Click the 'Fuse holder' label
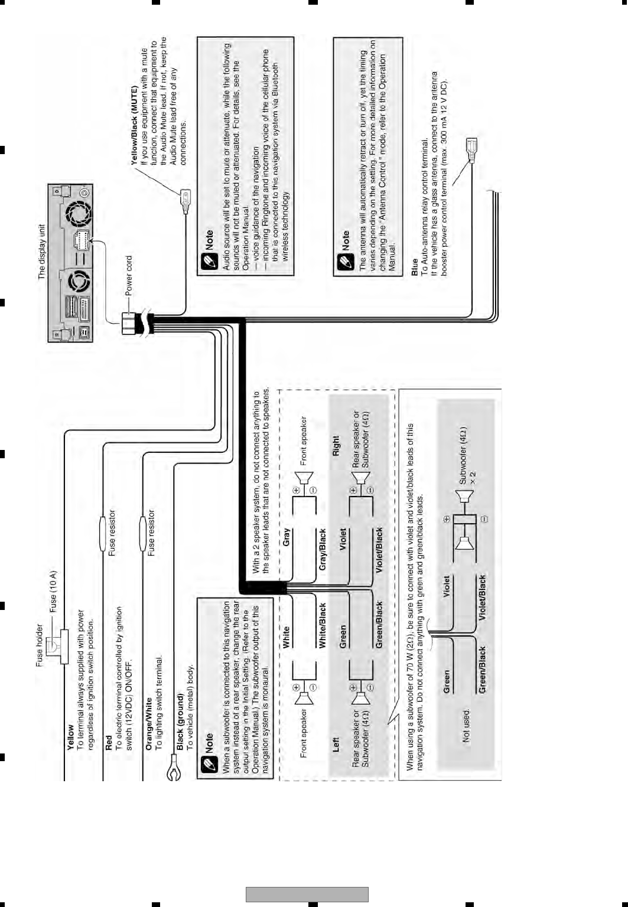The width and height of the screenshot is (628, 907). click(40, 645)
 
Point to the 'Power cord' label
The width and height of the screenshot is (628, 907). click(129, 276)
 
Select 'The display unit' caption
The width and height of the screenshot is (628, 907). click(41, 252)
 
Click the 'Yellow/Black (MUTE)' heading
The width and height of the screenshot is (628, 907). click(135, 124)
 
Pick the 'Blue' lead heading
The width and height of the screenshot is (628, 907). click(415, 267)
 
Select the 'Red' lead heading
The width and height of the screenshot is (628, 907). click(109, 742)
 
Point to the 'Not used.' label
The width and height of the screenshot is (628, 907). click(466, 726)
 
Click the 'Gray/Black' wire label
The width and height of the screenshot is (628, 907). click(323, 549)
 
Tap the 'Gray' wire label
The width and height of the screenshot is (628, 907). click(287, 537)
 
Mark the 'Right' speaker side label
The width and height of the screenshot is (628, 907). click(336, 446)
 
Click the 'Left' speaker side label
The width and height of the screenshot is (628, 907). click(336, 743)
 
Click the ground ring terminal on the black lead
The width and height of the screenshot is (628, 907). click(173, 770)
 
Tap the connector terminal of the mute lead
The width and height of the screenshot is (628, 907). click(186, 198)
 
